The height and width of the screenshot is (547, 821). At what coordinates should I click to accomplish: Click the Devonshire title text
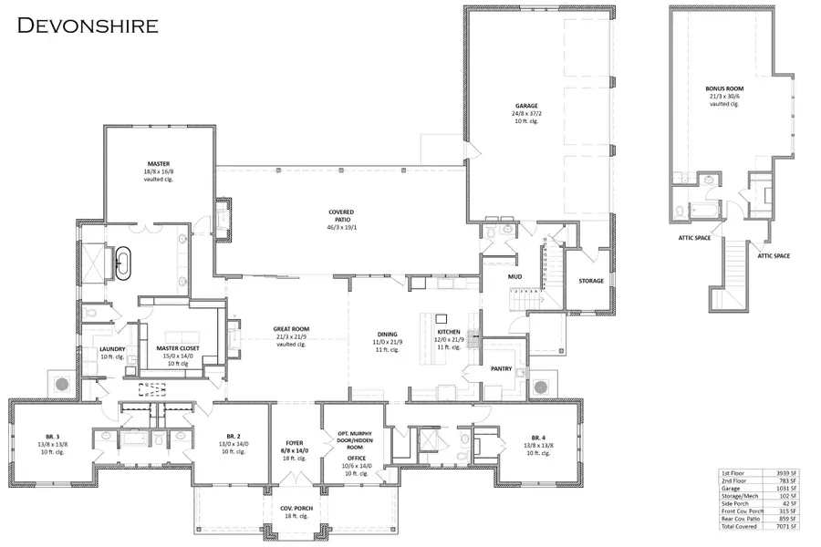(88, 24)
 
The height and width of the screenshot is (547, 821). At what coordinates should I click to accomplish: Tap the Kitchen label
(449, 334)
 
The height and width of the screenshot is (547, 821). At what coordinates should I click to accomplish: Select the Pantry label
(502, 370)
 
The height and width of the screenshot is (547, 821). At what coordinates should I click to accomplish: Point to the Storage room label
(590, 281)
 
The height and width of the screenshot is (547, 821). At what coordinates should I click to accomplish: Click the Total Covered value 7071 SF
(786, 527)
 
